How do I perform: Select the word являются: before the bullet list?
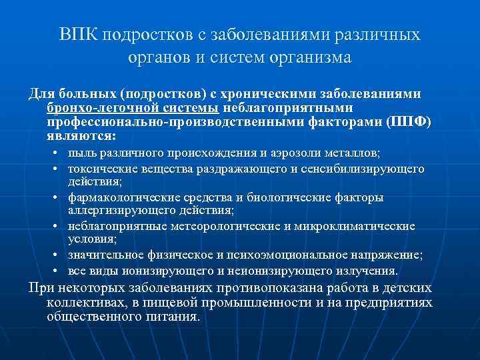[81, 135]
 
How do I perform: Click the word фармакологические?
[123, 197]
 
